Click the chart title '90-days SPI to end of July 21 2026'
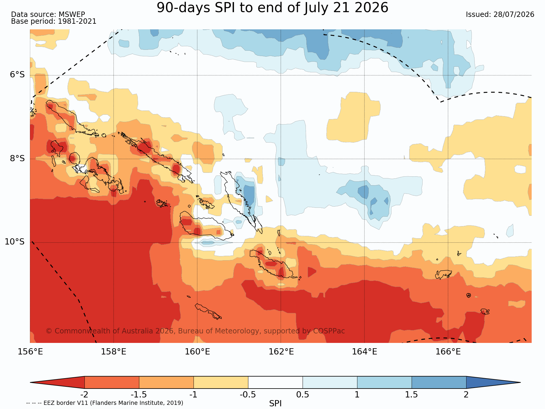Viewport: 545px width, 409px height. [x=272, y=8]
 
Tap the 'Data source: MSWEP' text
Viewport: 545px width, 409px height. [x=48, y=15]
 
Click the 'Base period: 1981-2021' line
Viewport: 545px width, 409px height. [x=54, y=21]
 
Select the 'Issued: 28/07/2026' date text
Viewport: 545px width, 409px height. [x=500, y=15]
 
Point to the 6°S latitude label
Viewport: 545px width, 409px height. [x=17, y=75]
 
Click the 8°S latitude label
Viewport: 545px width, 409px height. [x=17, y=158]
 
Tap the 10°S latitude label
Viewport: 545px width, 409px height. [x=15, y=242]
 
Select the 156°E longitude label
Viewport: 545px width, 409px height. [x=30, y=352]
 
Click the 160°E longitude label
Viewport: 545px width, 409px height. [x=197, y=352]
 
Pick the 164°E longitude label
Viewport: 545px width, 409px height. [x=365, y=352]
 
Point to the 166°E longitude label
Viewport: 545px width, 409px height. [x=448, y=352]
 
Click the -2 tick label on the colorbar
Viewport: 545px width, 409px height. [x=84, y=395]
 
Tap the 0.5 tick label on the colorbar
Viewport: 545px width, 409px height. [x=303, y=395]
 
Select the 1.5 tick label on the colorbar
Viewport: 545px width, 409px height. [x=412, y=395]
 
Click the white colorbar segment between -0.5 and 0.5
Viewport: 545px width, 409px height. [x=275, y=382]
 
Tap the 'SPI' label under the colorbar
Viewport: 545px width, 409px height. [x=275, y=403]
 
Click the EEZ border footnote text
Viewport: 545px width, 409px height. [x=105, y=403]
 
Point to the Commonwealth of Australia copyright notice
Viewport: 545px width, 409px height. [x=195, y=331]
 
